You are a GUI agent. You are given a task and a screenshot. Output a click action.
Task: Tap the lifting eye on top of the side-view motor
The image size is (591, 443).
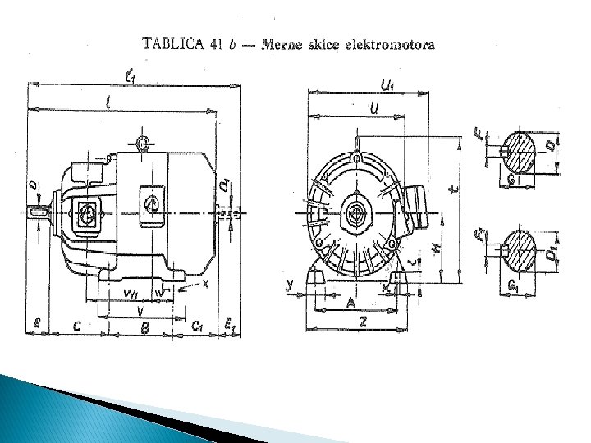click(x=144, y=144)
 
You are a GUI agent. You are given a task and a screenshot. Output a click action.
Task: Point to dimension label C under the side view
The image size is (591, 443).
click(x=76, y=327)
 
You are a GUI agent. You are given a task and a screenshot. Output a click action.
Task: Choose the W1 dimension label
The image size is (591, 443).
click(x=131, y=294)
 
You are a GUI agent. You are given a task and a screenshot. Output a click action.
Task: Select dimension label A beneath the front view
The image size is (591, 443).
click(x=350, y=304)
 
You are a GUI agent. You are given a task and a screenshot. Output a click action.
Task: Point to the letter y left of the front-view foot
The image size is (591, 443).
click(x=290, y=284)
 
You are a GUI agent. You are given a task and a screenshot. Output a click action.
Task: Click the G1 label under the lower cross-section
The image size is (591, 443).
click(x=513, y=286)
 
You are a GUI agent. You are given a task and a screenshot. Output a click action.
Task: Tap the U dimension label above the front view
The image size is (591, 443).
click(x=374, y=107)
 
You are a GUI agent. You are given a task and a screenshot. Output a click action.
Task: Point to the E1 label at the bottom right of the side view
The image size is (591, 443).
click(x=231, y=327)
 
